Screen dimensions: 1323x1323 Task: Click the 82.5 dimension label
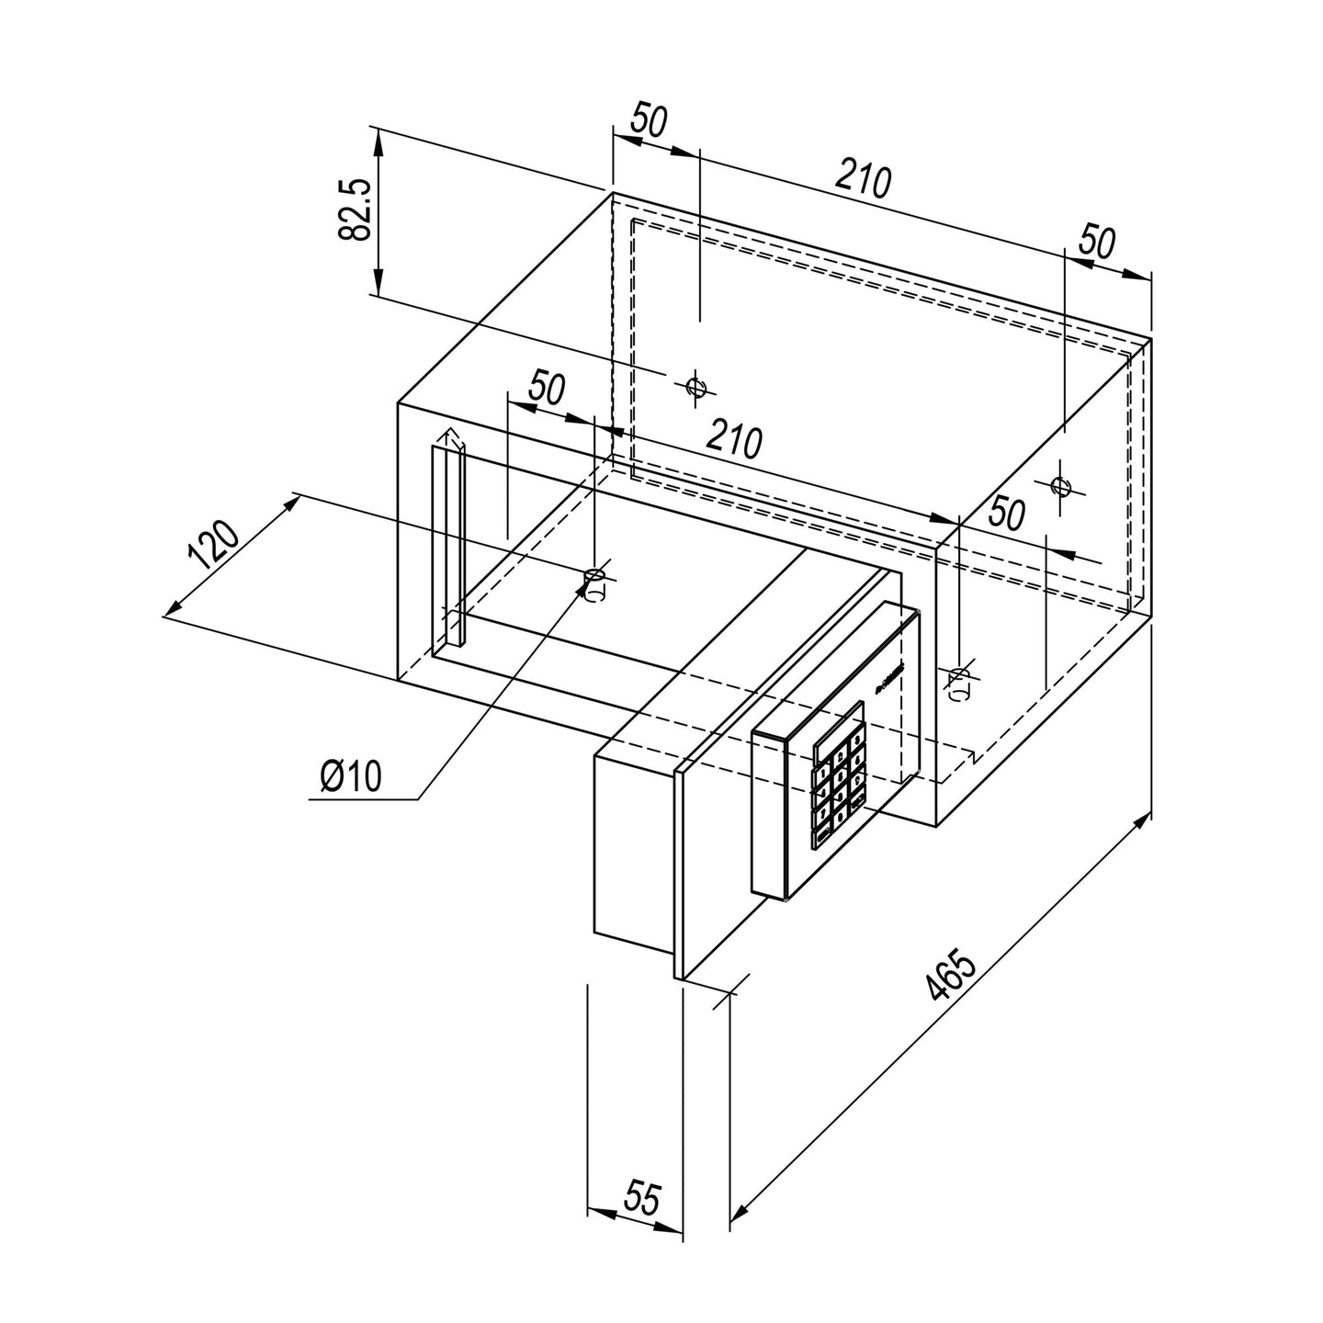[355, 210]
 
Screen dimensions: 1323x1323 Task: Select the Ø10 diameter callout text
[350, 777]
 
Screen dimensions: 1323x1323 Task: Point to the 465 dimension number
[949, 977]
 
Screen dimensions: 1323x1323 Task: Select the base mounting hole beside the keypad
[959, 679]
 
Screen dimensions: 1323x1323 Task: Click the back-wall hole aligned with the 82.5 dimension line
[695, 386]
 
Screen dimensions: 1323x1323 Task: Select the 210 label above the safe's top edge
[863, 181]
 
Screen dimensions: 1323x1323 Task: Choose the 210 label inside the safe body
[734, 441]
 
